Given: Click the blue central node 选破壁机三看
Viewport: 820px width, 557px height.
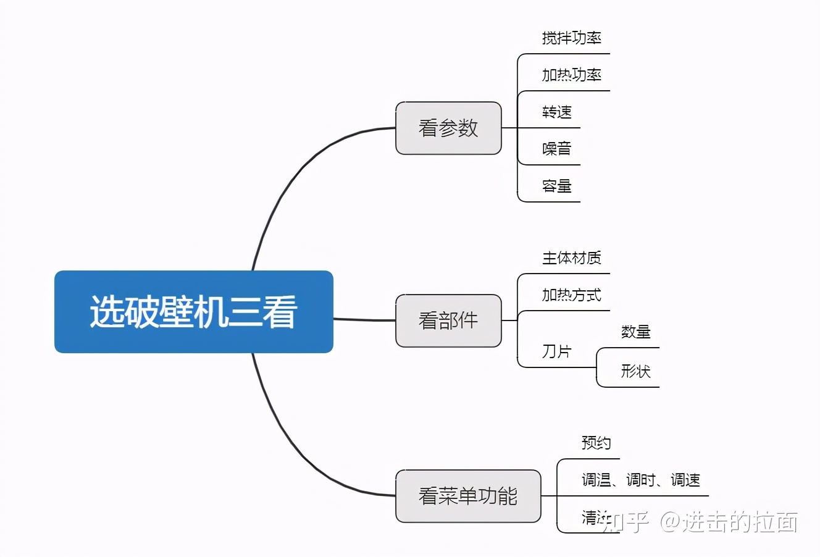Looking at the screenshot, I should (x=193, y=311).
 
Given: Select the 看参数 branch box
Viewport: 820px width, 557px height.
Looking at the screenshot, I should (x=448, y=128).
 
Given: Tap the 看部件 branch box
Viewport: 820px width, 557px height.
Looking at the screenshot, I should (x=448, y=320).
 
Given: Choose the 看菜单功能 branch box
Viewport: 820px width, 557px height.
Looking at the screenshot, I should (x=468, y=496).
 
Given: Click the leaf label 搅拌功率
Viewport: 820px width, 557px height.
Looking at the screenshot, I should (x=571, y=38).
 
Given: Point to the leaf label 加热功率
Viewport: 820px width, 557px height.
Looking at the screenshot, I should (x=571, y=75).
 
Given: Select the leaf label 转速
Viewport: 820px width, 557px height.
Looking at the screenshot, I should (x=557, y=112).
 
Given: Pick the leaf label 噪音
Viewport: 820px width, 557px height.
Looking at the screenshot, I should (x=557, y=149).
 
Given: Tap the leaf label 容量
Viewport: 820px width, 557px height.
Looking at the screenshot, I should (x=557, y=186).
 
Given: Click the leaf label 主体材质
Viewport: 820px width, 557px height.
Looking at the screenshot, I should (x=571, y=258).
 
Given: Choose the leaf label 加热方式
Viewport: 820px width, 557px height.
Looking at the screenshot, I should (x=571, y=295).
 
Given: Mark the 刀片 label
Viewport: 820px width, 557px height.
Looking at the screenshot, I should (x=557, y=351).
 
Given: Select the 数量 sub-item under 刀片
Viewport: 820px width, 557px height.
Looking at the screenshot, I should (x=635, y=332).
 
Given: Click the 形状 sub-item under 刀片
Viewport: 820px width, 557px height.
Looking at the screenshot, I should (x=635, y=371).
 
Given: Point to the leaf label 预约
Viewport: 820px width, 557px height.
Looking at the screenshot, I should (x=596, y=443).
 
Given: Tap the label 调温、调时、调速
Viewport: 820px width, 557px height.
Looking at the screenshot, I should (x=640, y=480).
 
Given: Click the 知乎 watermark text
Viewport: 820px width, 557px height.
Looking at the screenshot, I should (x=625, y=522).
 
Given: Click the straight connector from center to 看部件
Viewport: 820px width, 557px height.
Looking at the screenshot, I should (x=364, y=320).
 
